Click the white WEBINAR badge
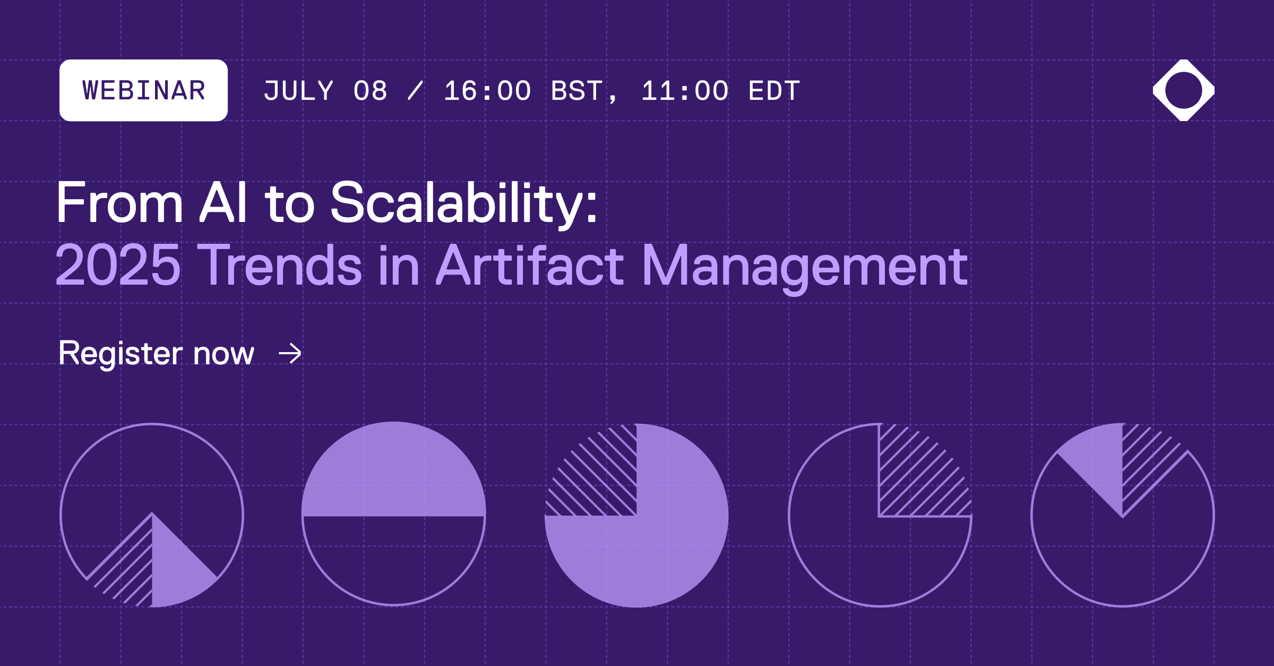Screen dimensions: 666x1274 tap(143, 90)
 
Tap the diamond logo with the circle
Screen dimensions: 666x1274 tap(1183, 90)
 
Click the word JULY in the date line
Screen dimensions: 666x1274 tap(299, 91)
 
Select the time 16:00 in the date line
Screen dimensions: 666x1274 tap(487, 91)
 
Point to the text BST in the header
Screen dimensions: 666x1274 tap(577, 91)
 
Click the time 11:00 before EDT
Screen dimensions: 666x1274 tap(685, 91)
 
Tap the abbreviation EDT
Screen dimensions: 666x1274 tap(774, 91)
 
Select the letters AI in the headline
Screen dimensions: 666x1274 tap(223, 203)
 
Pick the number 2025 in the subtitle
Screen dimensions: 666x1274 tap(118, 265)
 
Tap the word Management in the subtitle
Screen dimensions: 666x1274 tap(805, 265)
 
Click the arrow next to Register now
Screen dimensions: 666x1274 tap(290, 354)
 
